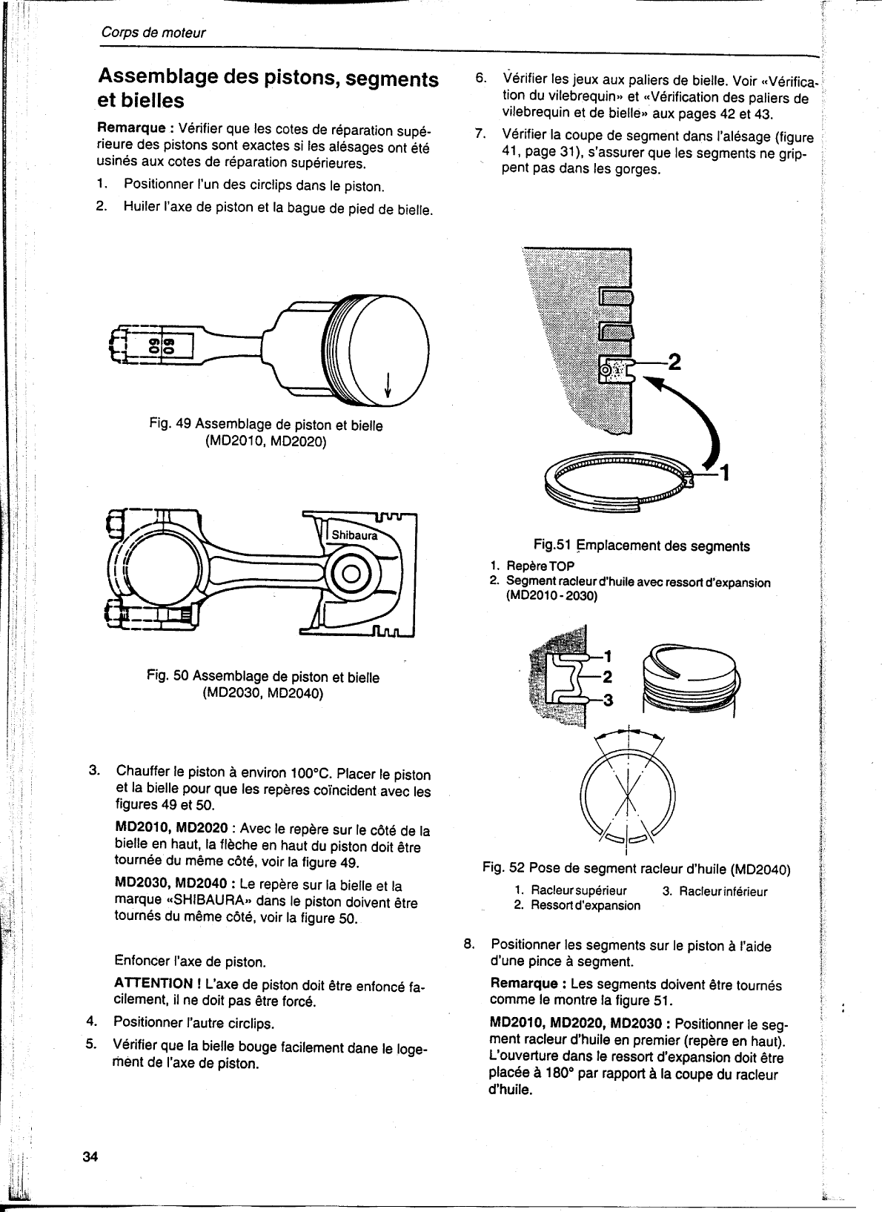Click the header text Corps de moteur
(x=153, y=33)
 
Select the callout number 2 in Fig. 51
(x=674, y=362)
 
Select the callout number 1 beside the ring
(x=726, y=472)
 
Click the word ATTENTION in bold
(x=153, y=983)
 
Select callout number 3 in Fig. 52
(x=609, y=700)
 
